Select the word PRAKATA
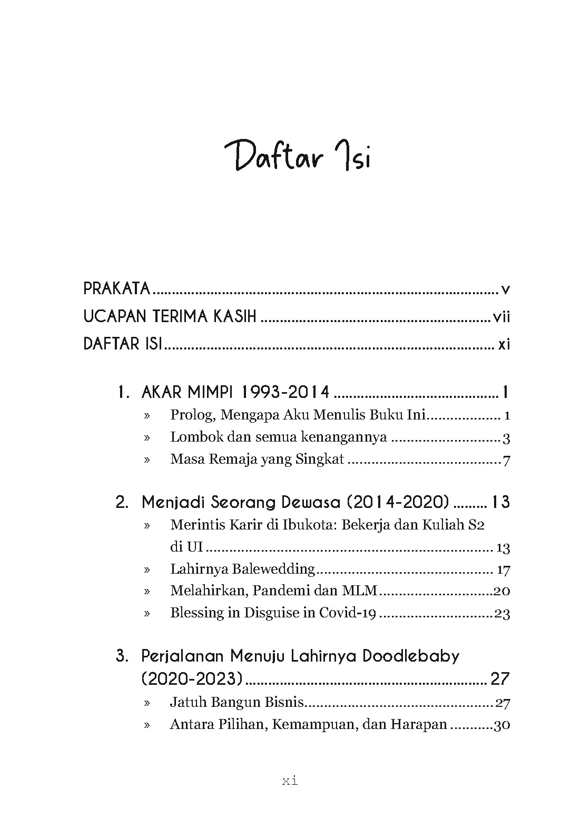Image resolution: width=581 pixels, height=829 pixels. (x=117, y=288)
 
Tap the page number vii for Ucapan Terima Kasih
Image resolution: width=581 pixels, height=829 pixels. (x=501, y=317)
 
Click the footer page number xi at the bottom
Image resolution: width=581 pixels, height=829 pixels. (x=290, y=782)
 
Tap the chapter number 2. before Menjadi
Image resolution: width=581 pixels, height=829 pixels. (x=122, y=503)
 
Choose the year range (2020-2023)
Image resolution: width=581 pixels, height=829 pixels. (x=192, y=679)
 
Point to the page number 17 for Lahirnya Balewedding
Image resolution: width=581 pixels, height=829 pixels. (x=503, y=570)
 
